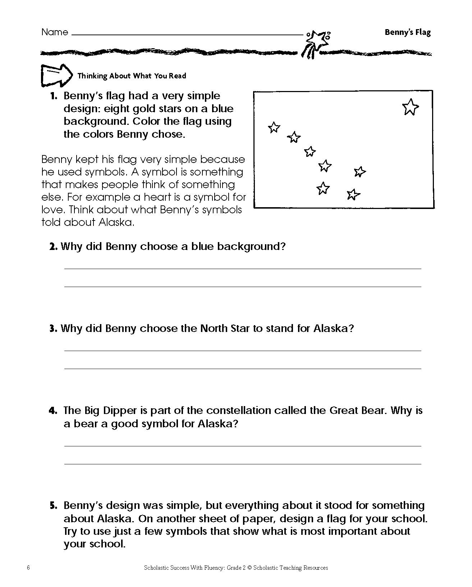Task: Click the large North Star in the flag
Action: pyautogui.click(x=410, y=107)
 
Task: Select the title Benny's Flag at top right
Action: pyautogui.click(x=407, y=32)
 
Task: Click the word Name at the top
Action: pyautogui.click(x=55, y=32)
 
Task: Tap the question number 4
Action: pyautogui.click(x=53, y=411)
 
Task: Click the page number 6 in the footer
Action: pyautogui.click(x=28, y=568)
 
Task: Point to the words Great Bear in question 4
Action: pyautogui.click(x=356, y=410)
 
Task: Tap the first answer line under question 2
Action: pyautogui.click(x=243, y=269)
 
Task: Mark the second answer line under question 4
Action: pyautogui.click(x=243, y=464)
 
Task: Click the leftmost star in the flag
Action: pyautogui.click(x=274, y=127)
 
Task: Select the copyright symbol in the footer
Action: pyautogui.click(x=249, y=568)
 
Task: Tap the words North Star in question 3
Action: pyautogui.click(x=225, y=328)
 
